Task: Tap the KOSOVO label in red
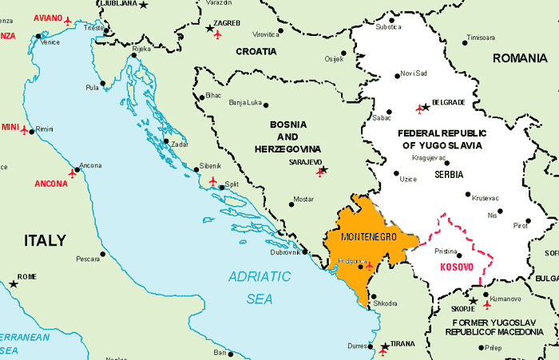click(x=457, y=267)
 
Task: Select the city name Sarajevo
click(x=306, y=161)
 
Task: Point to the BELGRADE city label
click(x=448, y=102)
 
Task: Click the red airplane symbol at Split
click(x=212, y=181)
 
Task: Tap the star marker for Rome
click(x=13, y=283)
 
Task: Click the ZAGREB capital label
click(x=228, y=23)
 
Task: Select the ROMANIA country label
click(x=520, y=57)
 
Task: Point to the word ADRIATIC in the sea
click(x=260, y=277)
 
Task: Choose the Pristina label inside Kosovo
click(x=446, y=251)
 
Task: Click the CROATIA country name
click(x=256, y=51)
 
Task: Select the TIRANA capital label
click(x=403, y=344)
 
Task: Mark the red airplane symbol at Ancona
click(x=74, y=171)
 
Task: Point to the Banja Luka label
click(x=245, y=102)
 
